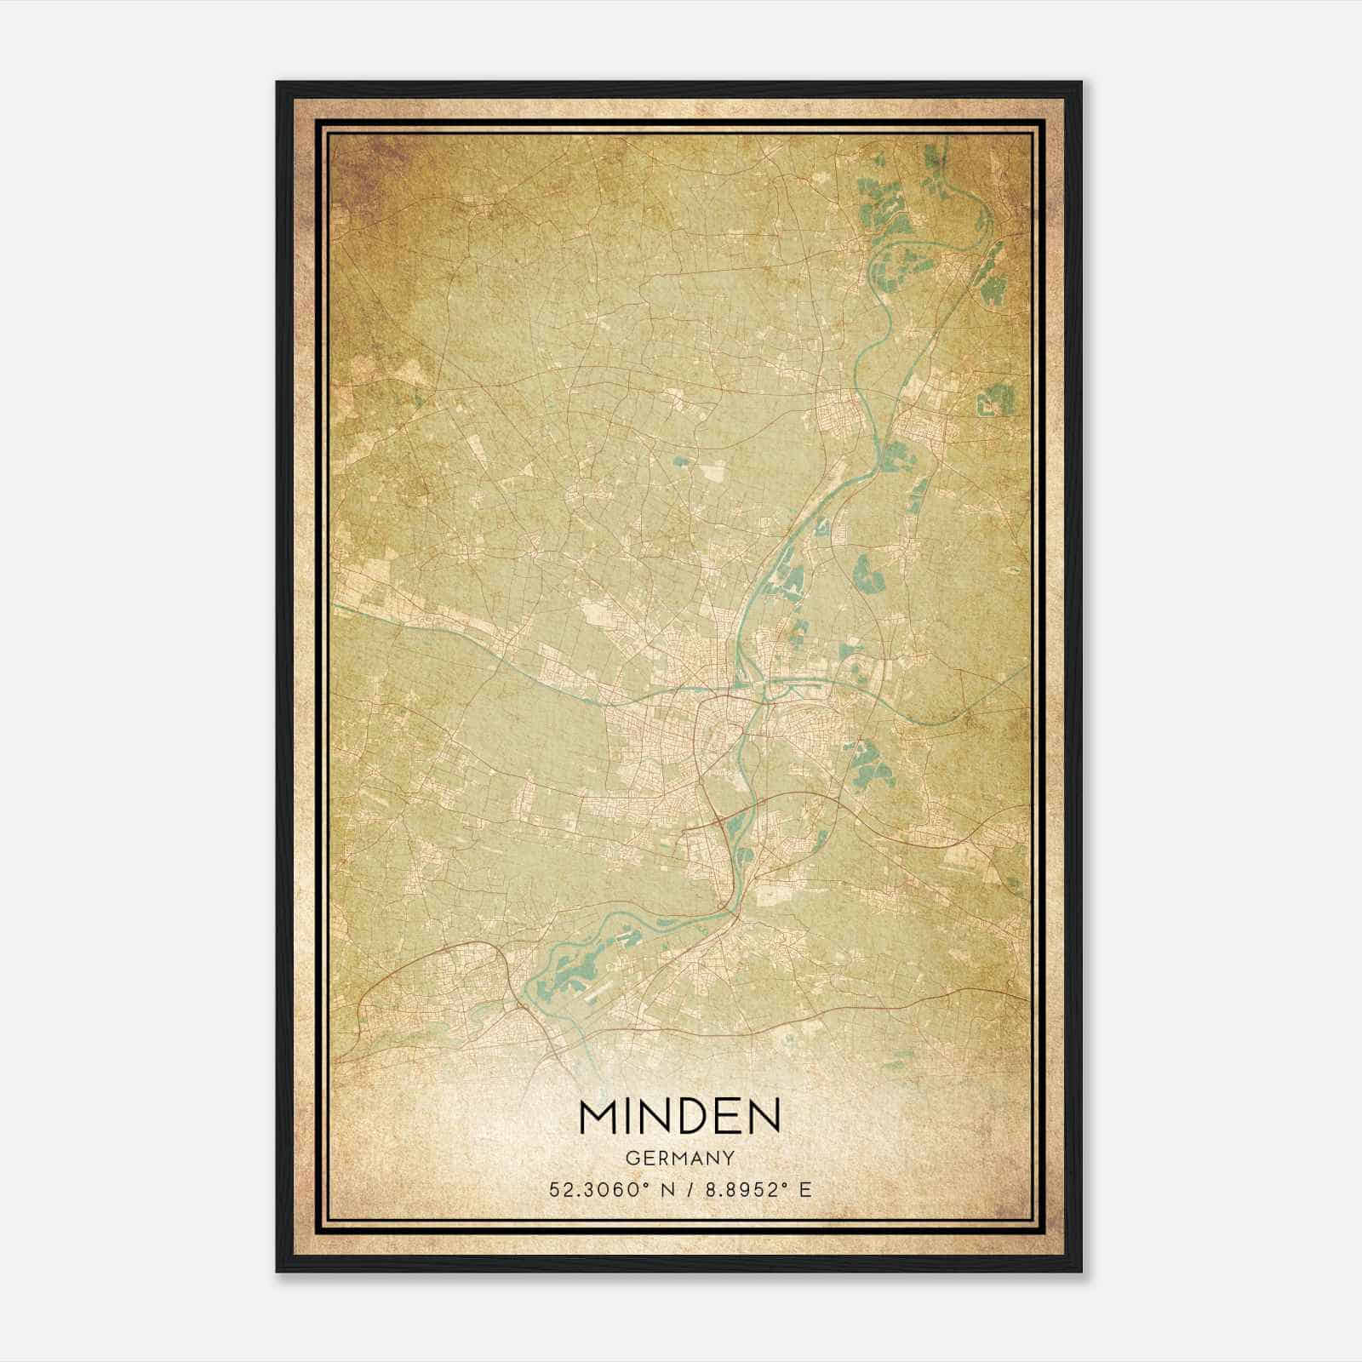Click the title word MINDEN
click(679, 1117)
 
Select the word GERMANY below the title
click(679, 1158)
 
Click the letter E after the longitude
click(804, 1190)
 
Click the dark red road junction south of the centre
click(721, 820)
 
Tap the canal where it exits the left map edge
click(335, 605)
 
